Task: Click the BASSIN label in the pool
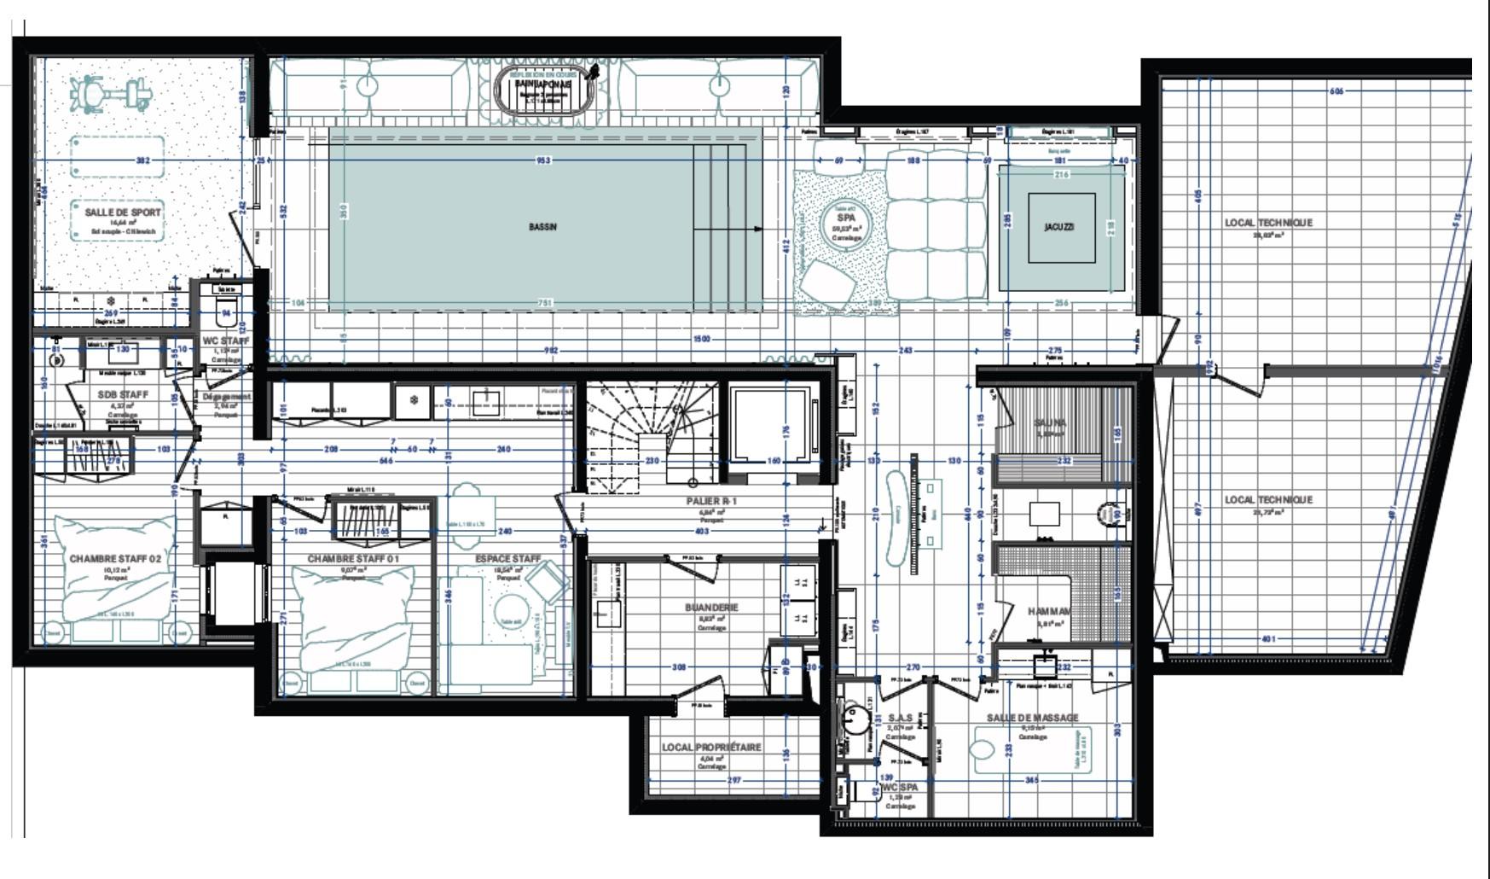542,227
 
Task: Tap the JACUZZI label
1059,227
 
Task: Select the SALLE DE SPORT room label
122,212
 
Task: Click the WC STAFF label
226,341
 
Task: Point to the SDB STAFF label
123,395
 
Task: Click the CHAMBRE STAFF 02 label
115,559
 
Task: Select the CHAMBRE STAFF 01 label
353,559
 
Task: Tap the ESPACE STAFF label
508,559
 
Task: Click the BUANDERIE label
711,608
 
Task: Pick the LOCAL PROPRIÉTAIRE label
711,748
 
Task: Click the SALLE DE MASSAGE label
1032,718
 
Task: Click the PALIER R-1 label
711,501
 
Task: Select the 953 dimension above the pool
542,160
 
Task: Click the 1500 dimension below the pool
701,339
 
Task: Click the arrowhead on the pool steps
758,229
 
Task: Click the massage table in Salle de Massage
1032,750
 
